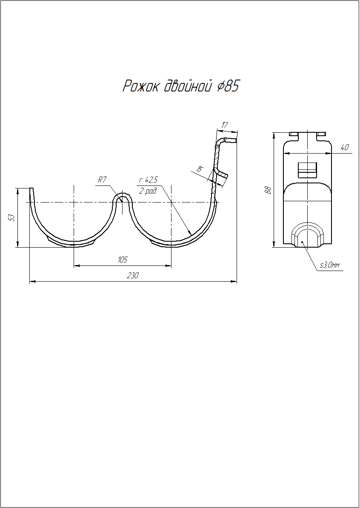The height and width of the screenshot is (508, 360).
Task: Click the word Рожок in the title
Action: point(140,86)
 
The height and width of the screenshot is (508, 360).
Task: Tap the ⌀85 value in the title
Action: point(228,86)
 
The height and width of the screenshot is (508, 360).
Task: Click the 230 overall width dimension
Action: point(132,275)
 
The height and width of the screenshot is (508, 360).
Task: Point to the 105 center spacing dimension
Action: point(122,260)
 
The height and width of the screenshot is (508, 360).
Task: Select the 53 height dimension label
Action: point(12,218)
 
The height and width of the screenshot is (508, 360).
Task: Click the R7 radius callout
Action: point(102,180)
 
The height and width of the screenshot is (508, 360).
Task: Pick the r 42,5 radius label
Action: point(148,180)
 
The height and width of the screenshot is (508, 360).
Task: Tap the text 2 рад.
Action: point(148,191)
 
